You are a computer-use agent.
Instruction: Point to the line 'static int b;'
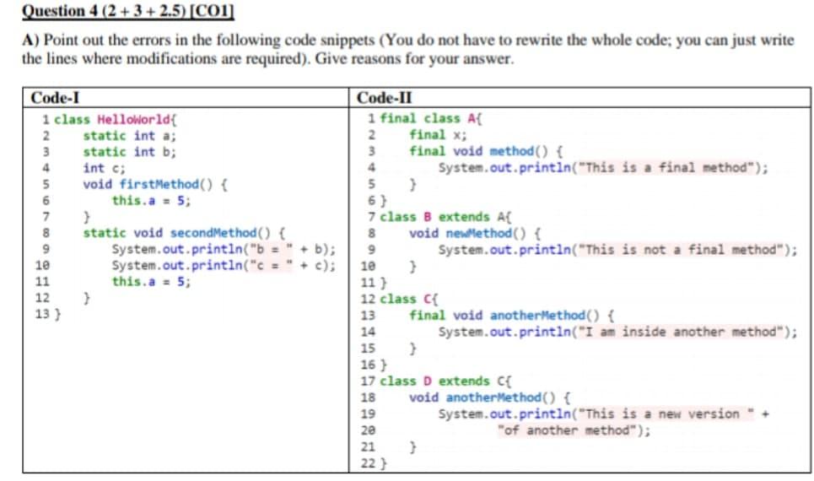pyautogui.click(x=129, y=152)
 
